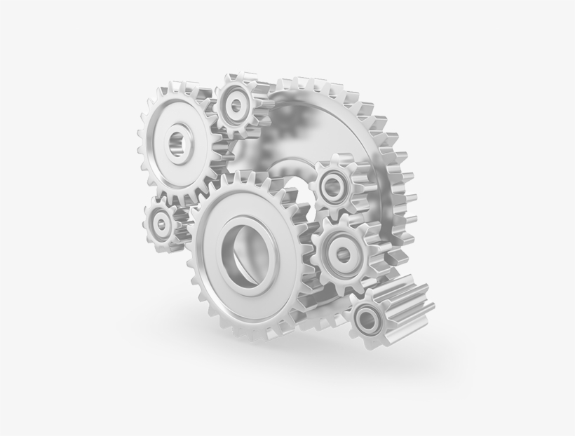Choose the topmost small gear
coord(238,106)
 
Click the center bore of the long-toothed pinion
coord(367,321)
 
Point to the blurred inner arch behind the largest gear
coord(295,175)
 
